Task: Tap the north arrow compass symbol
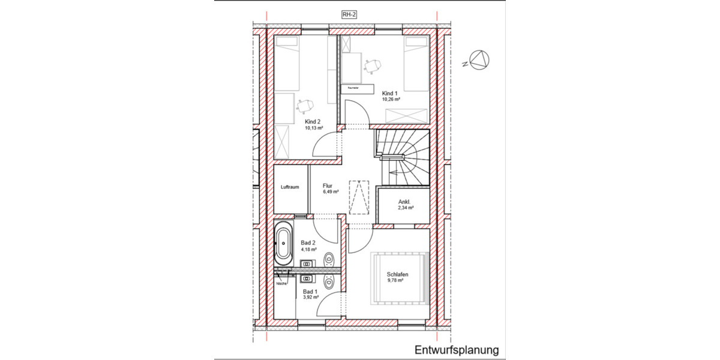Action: click(479, 59)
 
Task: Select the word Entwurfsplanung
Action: click(456, 350)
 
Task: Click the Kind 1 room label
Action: click(390, 93)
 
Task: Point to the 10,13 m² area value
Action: click(314, 128)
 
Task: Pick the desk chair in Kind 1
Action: click(374, 63)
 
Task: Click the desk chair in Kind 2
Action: click(305, 106)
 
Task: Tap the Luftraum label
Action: click(290, 187)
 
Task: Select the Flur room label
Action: click(327, 186)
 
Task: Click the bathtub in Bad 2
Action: click(283, 243)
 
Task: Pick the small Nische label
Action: click(281, 283)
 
